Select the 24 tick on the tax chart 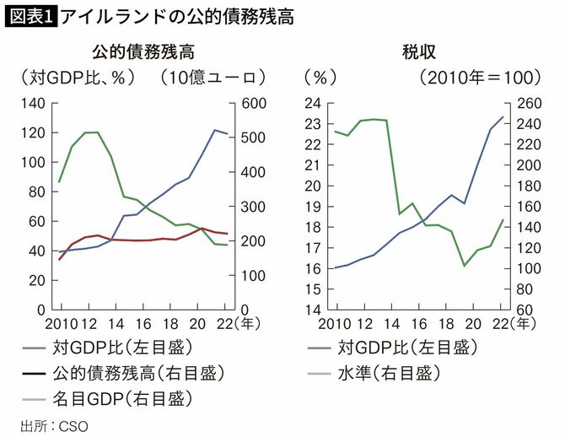click(313, 103)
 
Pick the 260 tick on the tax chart click(526, 103)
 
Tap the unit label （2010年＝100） click(477, 78)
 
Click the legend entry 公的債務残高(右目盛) click(139, 371)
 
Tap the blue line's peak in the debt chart click(215, 130)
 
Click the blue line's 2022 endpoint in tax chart click(503, 116)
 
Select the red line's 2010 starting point click(59, 259)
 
